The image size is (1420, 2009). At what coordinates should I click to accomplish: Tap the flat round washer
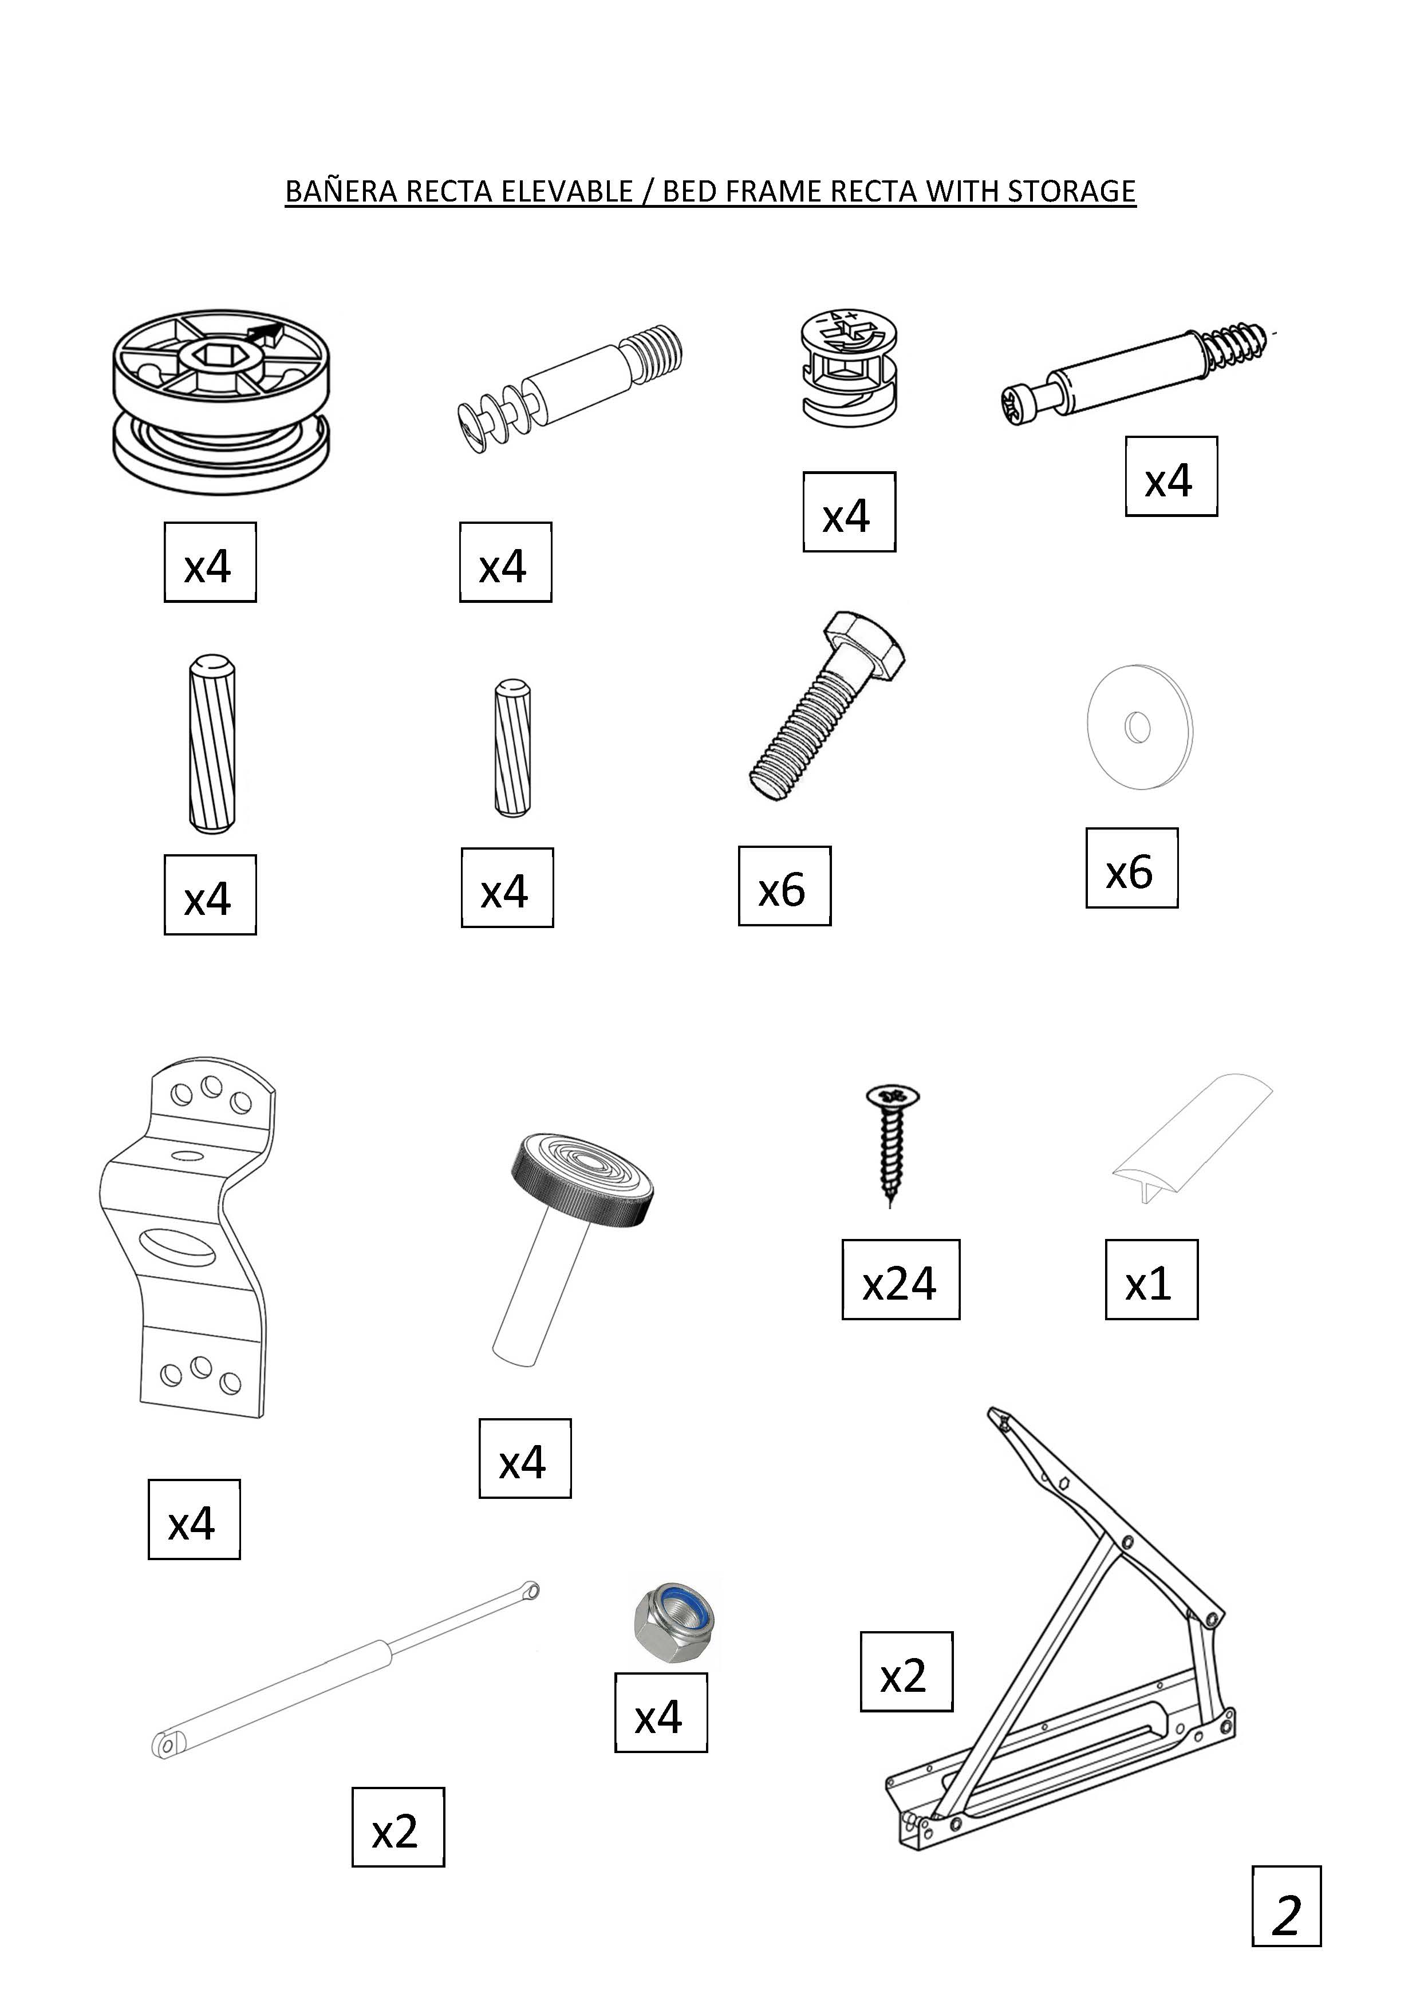pos(1140,726)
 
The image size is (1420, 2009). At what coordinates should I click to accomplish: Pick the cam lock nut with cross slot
pos(849,366)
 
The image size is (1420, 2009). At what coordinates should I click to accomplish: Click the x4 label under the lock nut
pos(661,1712)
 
